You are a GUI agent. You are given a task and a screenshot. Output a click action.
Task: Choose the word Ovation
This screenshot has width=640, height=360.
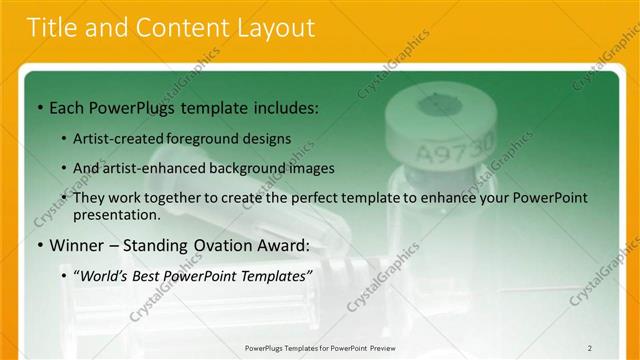click(222, 245)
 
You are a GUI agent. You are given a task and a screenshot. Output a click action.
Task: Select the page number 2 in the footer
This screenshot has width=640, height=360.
click(590, 348)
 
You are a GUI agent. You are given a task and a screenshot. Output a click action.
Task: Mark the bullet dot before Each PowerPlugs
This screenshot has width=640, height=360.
click(38, 107)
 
